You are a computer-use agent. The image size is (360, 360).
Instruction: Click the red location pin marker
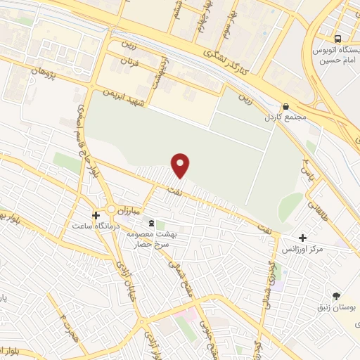pyautogui.click(x=181, y=165)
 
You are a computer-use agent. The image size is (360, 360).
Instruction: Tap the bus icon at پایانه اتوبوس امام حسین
pyautogui.click(x=339, y=39)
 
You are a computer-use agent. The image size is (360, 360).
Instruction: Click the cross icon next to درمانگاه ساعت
pyautogui.click(x=96, y=214)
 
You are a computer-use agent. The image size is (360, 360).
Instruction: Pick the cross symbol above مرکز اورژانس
pyautogui.click(x=302, y=238)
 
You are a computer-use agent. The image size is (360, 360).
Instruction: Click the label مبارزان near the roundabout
pyautogui.click(x=130, y=210)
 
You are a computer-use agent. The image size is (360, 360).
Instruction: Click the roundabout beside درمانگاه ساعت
pyautogui.click(x=111, y=210)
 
